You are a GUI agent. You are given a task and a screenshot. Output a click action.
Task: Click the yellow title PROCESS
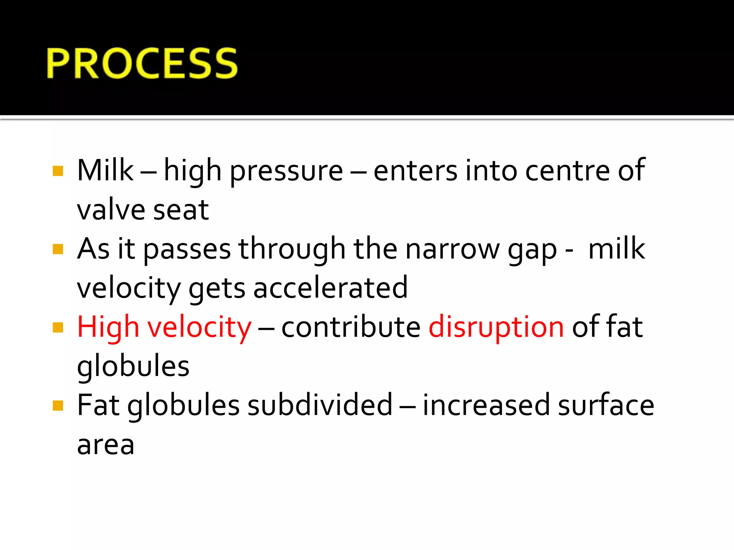point(142,63)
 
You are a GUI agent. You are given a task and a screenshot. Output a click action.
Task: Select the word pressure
point(286,171)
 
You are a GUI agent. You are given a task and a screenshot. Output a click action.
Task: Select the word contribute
point(351,327)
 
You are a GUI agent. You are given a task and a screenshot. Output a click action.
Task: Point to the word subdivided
point(320,405)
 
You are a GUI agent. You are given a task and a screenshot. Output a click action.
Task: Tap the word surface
point(606,405)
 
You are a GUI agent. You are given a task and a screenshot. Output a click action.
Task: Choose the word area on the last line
point(106,445)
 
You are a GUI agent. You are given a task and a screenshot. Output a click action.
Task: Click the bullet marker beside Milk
point(58,171)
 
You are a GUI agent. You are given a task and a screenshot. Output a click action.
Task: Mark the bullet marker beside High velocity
point(58,327)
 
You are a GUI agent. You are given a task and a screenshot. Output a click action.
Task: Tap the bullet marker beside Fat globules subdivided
point(58,405)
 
